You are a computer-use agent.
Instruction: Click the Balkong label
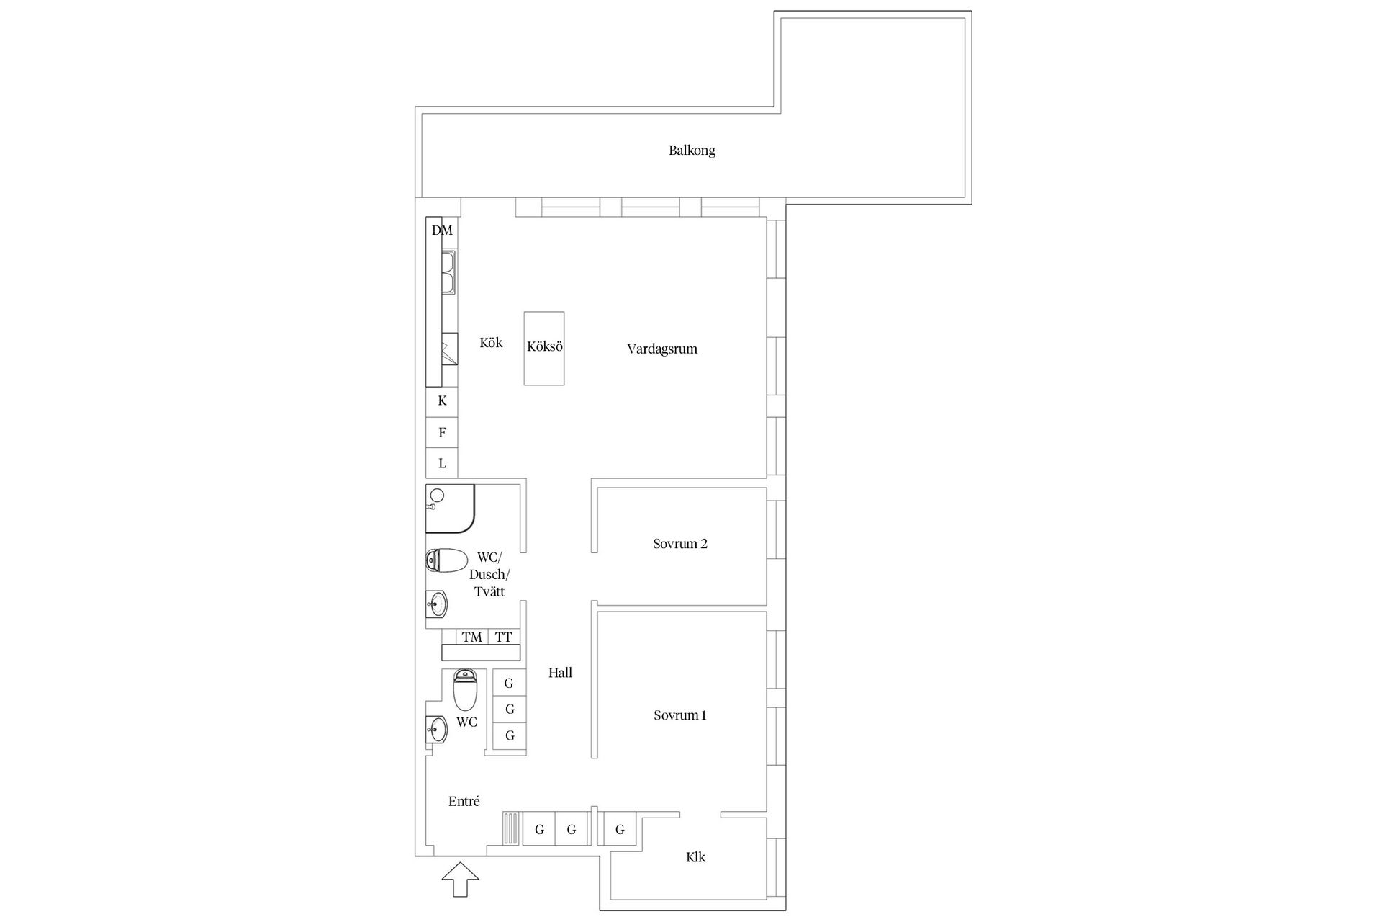pos(692,151)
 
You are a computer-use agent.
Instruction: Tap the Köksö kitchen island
pos(544,348)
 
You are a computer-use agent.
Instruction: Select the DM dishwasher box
pos(442,231)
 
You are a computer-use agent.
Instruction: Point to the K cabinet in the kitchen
pos(442,401)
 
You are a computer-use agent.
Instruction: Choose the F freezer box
pos(442,433)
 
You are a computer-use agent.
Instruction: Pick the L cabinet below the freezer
pos(442,463)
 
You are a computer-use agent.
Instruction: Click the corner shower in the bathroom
pos(448,508)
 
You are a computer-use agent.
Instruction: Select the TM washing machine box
pos(472,637)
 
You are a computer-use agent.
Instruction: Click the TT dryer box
pos(504,637)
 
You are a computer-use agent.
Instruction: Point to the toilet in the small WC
pos(465,689)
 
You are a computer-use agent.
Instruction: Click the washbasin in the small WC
pos(436,730)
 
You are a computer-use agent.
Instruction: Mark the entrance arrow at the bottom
pos(460,880)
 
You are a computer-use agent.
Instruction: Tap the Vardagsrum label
pos(661,349)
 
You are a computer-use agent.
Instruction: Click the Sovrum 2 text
pos(680,544)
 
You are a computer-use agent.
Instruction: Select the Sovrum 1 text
pos(679,715)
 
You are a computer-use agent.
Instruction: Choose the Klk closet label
pos(695,857)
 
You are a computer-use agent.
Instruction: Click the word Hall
pos(560,673)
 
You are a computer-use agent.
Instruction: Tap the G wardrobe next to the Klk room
pos(620,830)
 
